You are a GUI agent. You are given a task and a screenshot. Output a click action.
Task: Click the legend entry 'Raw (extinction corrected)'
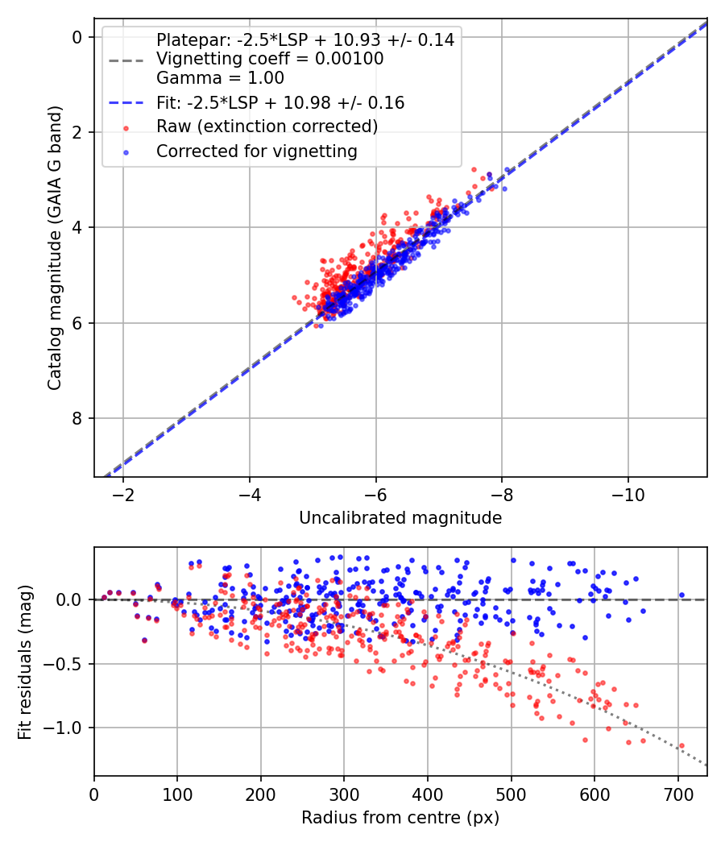(267, 126)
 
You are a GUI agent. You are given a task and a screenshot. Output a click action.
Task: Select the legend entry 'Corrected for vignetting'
(256, 151)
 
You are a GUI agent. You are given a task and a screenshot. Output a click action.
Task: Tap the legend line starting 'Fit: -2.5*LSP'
(280, 102)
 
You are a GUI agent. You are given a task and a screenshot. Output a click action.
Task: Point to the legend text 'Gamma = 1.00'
(220, 78)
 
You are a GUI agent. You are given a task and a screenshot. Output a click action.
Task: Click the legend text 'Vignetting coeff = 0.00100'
(270, 59)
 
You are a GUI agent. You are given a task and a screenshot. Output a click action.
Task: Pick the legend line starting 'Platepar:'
(305, 39)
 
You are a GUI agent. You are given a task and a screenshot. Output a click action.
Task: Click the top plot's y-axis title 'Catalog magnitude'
(55, 248)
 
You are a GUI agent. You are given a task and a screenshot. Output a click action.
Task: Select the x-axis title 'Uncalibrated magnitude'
(400, 518)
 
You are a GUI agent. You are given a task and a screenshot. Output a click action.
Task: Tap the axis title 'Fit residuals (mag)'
(25, 661)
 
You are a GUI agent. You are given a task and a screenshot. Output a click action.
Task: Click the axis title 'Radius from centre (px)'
(400, 818)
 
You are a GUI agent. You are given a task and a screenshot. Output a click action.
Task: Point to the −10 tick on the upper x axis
(628, 493)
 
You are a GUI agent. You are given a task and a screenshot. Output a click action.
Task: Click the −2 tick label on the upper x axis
(123, 493)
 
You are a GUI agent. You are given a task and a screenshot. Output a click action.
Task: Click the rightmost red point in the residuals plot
(681, 746)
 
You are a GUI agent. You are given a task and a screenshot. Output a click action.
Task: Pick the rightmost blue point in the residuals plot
(681, 595)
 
